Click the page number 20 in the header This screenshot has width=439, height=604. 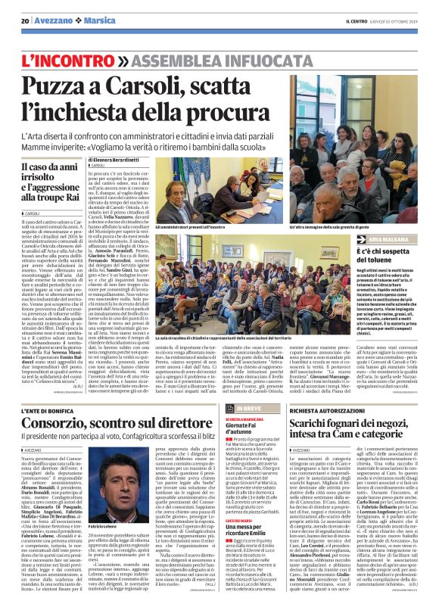[x=25, y=20]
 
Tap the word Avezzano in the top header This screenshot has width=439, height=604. [x=50, y=20]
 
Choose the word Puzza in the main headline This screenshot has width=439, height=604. [x=64, y=86]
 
